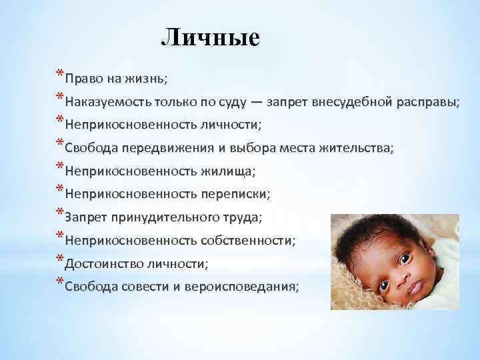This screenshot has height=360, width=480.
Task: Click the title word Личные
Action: [x=210, y=37]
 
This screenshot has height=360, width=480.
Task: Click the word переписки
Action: [x=234, y=193]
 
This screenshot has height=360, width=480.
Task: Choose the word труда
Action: [x=241, y=217]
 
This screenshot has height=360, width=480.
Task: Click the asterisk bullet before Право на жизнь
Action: [x=60, y=73]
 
